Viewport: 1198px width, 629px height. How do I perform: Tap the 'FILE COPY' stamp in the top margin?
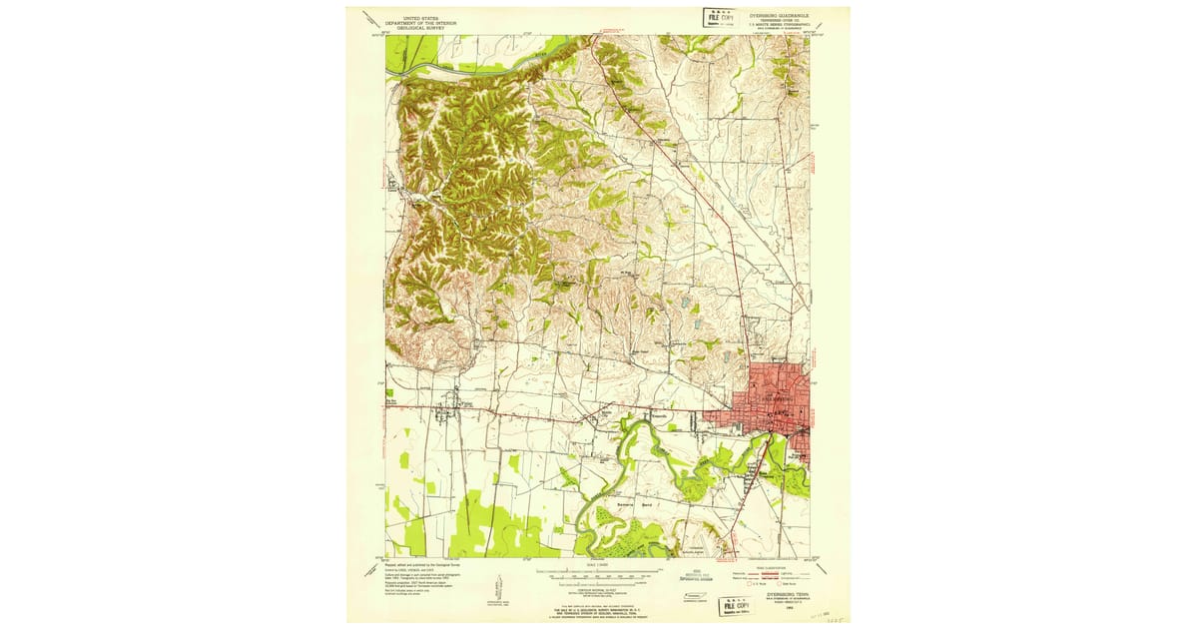(x=715, y=17)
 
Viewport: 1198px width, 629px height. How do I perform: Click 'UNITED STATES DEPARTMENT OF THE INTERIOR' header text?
(x=419, y=22)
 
